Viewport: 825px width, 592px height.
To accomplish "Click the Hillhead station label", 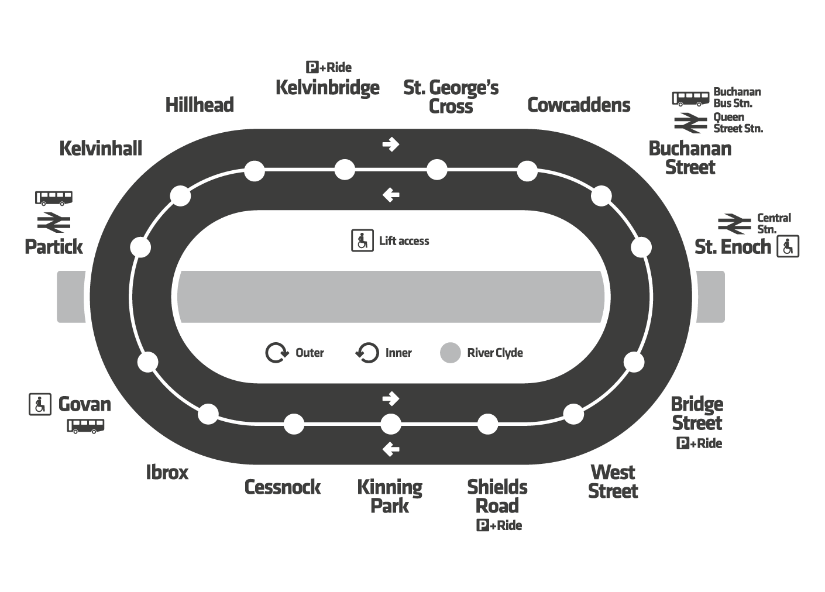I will [x=200, y=105].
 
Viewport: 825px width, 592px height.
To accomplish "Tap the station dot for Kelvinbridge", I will [x=345, y=170].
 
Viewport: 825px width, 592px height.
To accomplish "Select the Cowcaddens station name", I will [x=579, y=105].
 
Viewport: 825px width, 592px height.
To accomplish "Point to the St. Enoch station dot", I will [x=641, y=247].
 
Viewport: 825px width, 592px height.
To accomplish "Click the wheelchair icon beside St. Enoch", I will [x=788, y=247].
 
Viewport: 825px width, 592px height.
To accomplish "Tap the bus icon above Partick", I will [x=54, y=198].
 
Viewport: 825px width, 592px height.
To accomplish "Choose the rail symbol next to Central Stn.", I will [x=734, y=223].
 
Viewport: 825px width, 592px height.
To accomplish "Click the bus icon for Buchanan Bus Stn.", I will [x=690, y=98].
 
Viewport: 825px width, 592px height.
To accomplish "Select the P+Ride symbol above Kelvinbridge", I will [x=329, y=67].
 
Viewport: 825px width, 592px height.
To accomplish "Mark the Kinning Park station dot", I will [x=391, y=424].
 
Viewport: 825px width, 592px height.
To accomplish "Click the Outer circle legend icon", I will [x=277, y=353].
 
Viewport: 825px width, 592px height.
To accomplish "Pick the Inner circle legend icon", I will [x=367, y=353].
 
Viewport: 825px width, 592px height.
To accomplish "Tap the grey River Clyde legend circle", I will [x=450, y=353].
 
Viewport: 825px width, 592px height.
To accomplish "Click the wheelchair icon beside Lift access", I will [x=362, y=240].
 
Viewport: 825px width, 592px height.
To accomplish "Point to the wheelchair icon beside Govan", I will [x=40, y=404].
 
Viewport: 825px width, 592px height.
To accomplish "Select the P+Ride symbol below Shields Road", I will [x=499, y=525].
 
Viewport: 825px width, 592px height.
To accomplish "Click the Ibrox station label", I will [x=167, y=472].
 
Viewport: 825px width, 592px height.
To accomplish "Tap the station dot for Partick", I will [x=140, y=247].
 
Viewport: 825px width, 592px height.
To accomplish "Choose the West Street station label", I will [x=613, y=481].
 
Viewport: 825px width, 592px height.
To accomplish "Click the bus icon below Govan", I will [x=85, y=425].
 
